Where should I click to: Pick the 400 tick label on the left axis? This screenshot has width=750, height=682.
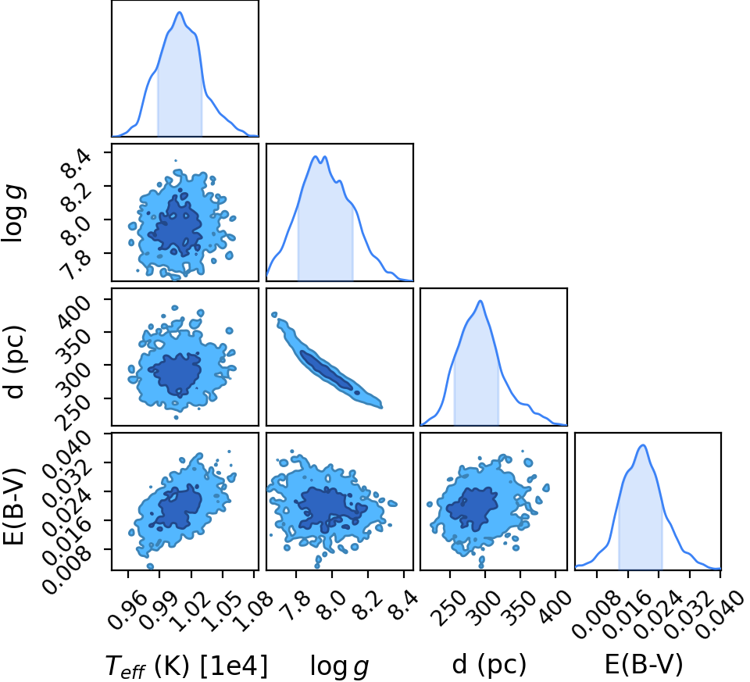(x=73, y=312)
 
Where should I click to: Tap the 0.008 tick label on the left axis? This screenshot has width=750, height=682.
(x=67, y=570)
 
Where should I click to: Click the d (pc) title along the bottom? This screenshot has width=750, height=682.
(x=489, y=665)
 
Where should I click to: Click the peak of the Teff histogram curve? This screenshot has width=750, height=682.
(x=180, y=12)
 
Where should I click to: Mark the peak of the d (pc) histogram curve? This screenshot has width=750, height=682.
(x=480, y=301)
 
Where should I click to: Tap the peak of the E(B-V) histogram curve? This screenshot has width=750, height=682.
(x=643, y=445)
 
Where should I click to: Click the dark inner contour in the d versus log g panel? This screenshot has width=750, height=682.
(x=329, y=371)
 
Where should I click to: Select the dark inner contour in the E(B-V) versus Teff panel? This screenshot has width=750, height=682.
(x=175, y=507)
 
